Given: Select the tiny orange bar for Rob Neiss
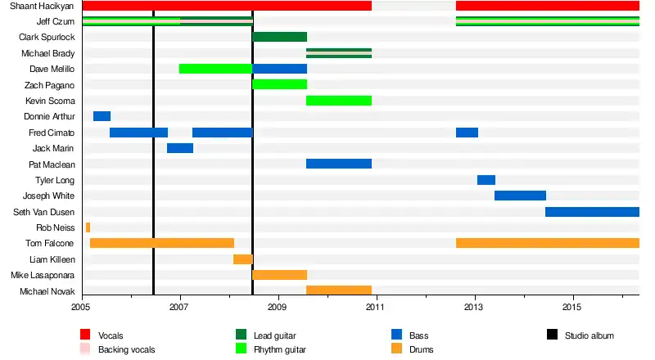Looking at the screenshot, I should tap(88, 227).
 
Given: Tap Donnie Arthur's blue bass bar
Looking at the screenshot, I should tap(102, 116).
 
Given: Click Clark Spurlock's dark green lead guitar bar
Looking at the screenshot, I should tap(279, 37).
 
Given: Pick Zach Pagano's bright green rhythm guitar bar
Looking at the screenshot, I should tap(279, 84).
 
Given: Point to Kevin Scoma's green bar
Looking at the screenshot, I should tap(338, 101).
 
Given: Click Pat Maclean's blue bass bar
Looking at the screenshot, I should tap(338, 164).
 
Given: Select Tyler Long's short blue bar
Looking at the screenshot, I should tap(486, 180).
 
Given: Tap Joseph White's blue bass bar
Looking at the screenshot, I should tap(520, 196).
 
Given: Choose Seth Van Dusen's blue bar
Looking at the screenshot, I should tap(591, 212).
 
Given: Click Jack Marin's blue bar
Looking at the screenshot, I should tap(179, 148).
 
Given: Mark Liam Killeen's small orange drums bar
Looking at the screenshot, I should tap(242, 259).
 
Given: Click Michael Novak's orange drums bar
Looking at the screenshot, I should tap(338, 290).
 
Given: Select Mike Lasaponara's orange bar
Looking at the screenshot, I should tap(279, 275).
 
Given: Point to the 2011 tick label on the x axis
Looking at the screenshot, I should tap(375, 306).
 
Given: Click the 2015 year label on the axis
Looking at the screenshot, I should tap(571, 306).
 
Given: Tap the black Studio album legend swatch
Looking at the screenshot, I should tap(552, 335).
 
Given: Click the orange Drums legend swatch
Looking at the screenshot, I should tap(398, 349).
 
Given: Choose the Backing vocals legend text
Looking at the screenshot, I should tap(126, 349).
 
